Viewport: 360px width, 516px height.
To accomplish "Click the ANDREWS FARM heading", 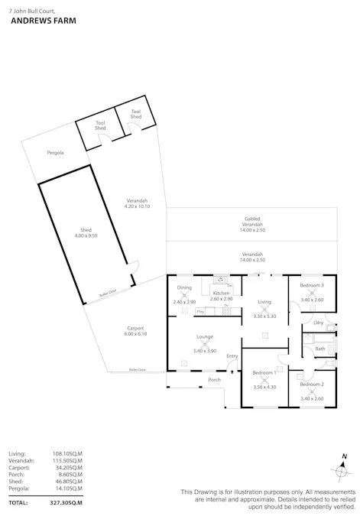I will [x=37, y=21].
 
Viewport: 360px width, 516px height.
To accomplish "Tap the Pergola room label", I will [x=54, y=153].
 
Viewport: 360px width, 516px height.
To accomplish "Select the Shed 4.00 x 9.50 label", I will [x=86, y=233].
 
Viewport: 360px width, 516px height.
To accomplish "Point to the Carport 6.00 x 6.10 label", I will [x=135, y=331].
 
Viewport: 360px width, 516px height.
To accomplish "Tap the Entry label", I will [x=232, y=356].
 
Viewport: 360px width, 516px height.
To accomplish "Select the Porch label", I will [x=214, y=380].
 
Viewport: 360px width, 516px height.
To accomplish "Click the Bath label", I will [x=319, y=349].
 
